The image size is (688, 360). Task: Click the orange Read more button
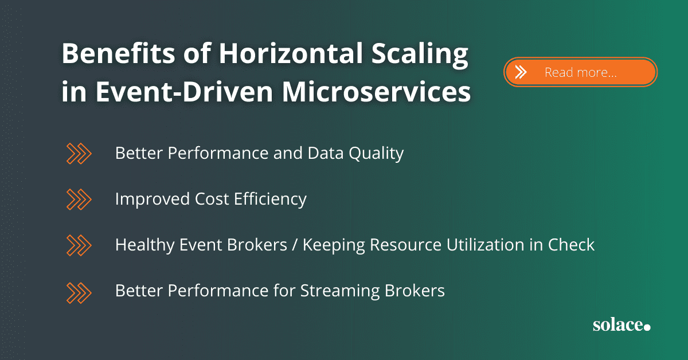point(580,72)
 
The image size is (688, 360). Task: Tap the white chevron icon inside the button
point(521,72)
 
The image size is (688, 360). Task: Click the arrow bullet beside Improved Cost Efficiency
point(79,199)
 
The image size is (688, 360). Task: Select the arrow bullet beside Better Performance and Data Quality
point(79,153)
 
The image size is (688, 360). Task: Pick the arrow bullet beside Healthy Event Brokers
point(79,245)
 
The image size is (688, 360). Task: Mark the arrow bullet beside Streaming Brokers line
point(79,291)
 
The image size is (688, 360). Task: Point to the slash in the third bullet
point(295,245)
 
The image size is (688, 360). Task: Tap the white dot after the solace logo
point(647,327)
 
